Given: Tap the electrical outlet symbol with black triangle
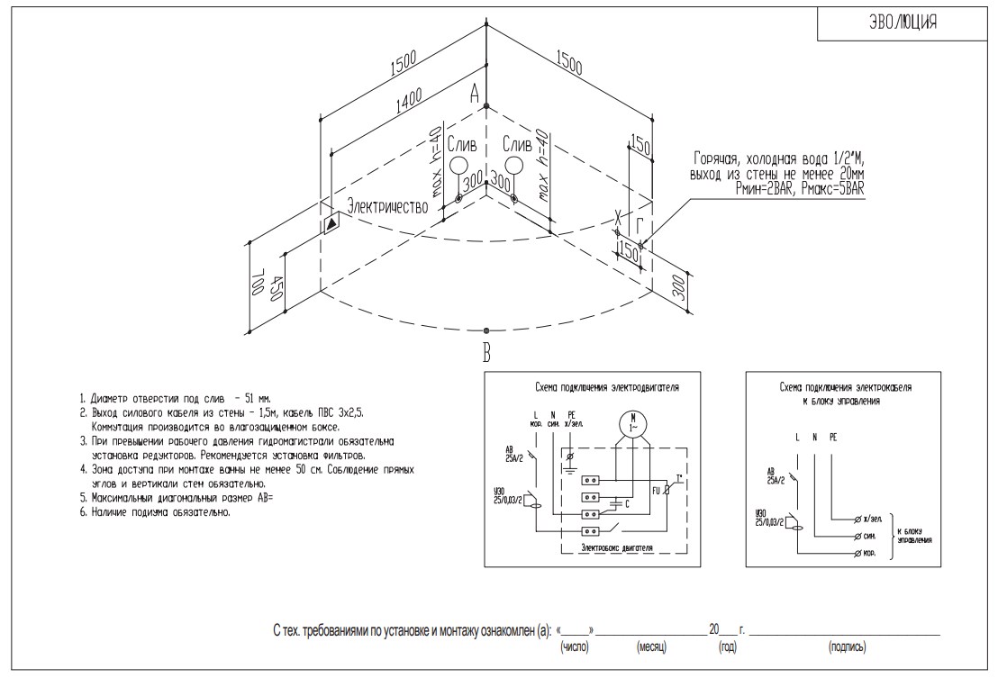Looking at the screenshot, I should pyautogui.click(x=331, y=221).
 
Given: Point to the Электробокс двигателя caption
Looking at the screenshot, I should pyautogui.click(x=616, y=547).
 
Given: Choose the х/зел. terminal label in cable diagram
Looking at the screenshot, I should pyautogui.click(x=869, y=520).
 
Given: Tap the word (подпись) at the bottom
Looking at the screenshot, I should pyautogui.click(x=847, y=646).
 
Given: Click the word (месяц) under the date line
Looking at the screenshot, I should pyautogui.click(x=652, y=646).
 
